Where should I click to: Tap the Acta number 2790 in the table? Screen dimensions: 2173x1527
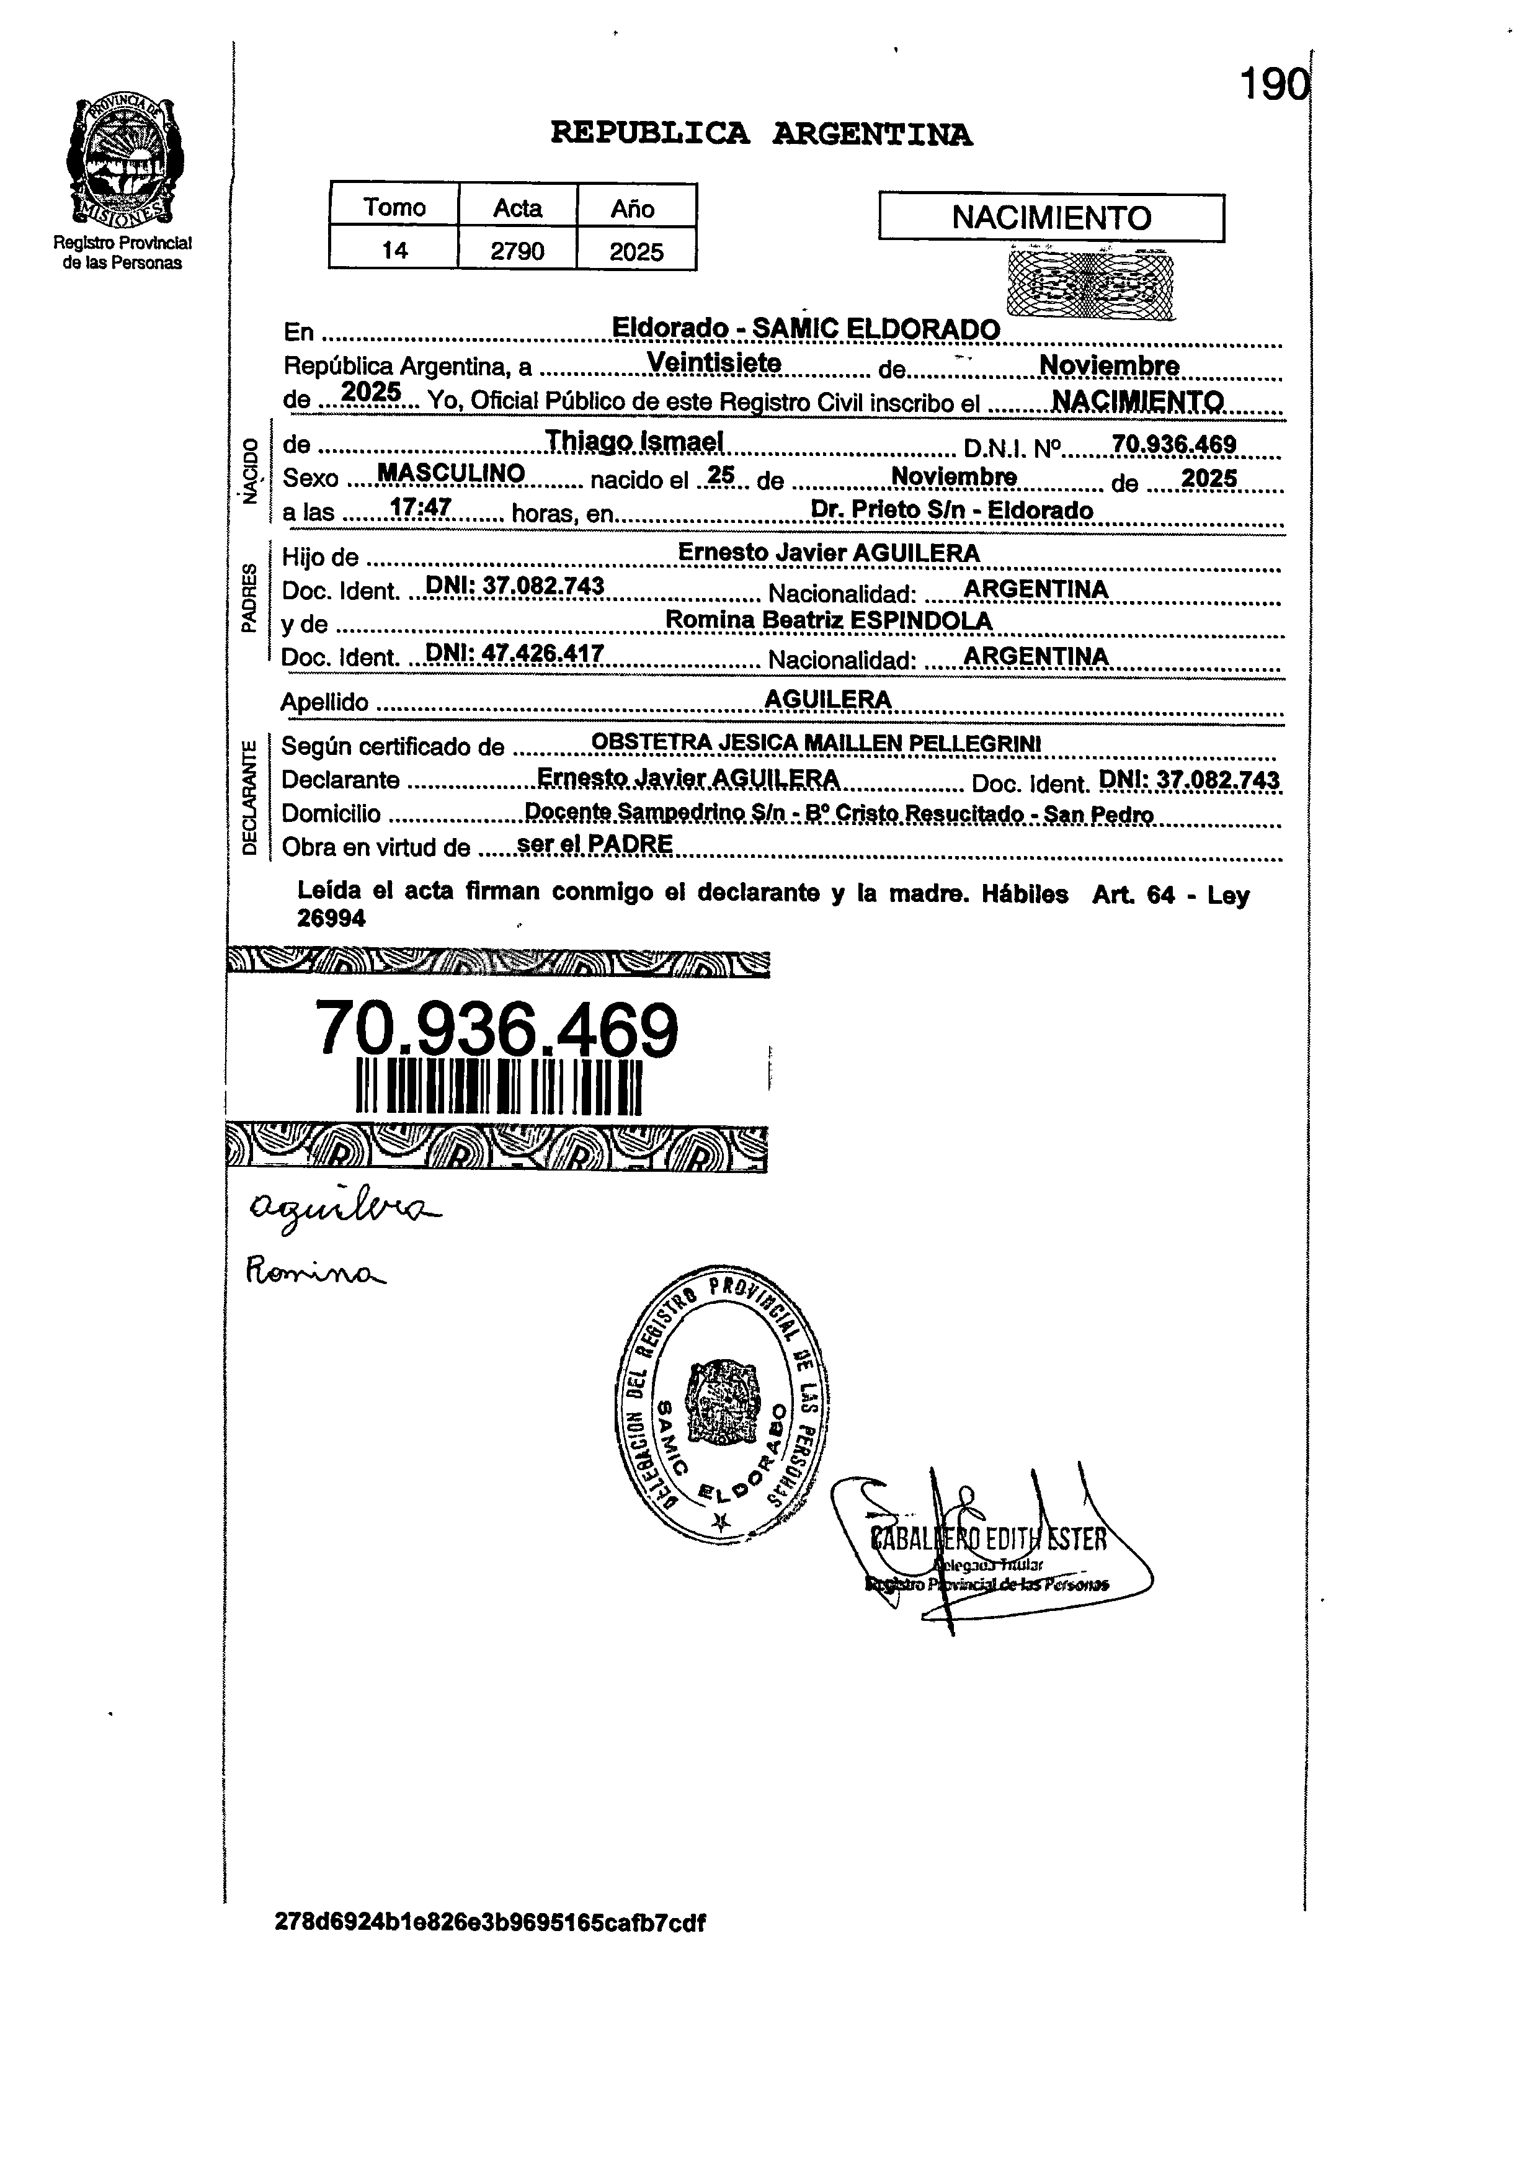point(517,251)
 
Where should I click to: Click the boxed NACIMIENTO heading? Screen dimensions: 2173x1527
point(1051,218)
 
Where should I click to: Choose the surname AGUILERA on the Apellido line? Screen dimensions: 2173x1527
point(828,698)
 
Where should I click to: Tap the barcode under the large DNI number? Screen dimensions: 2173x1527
point(499,1087)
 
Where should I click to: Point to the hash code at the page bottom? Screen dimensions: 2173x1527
point(490,1922)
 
